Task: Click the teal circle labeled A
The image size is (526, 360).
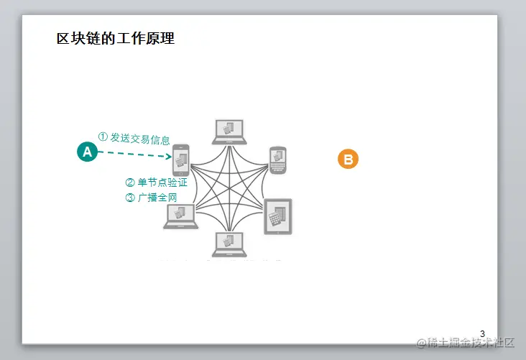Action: tap(88, 152)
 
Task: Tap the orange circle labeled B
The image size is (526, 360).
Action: tap(348, 160)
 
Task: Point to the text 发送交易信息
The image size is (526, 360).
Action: tap(140, 138)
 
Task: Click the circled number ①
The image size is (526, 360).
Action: tap(103, 136)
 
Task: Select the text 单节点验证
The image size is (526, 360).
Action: tap(162, 183)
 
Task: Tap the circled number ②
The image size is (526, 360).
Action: tap(130, 183)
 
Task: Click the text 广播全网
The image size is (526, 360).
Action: tap(157, 198)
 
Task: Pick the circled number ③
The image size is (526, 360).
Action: tap(130, 198)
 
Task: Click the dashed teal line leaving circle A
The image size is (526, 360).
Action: tap(129, 154)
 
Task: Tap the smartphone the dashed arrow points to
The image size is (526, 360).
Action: tap(180, 160)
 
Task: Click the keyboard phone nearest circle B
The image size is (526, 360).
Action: tap(278, 160)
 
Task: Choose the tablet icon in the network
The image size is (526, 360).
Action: tap(278, 216)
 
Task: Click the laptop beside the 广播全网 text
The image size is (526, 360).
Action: tap(180, 216)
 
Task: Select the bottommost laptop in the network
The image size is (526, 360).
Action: tap(229, 244)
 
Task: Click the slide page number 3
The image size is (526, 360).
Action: tap(482, 333)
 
